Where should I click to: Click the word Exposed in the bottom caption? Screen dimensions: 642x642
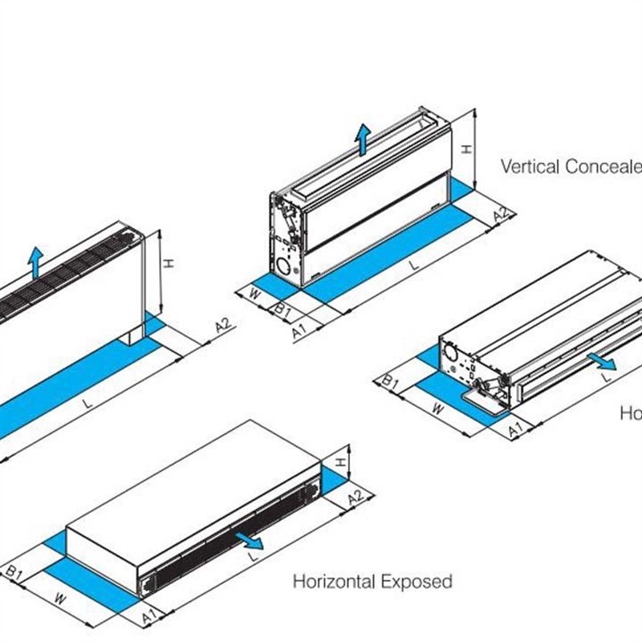(x=416, y=581)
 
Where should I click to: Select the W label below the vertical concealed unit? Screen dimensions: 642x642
(x=255, y=295)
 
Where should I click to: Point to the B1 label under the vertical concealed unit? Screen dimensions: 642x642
(x=281, y=309)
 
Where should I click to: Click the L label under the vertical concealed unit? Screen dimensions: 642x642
(x=412, y=264)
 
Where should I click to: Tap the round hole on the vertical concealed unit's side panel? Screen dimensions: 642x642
(x=282, y=262)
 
